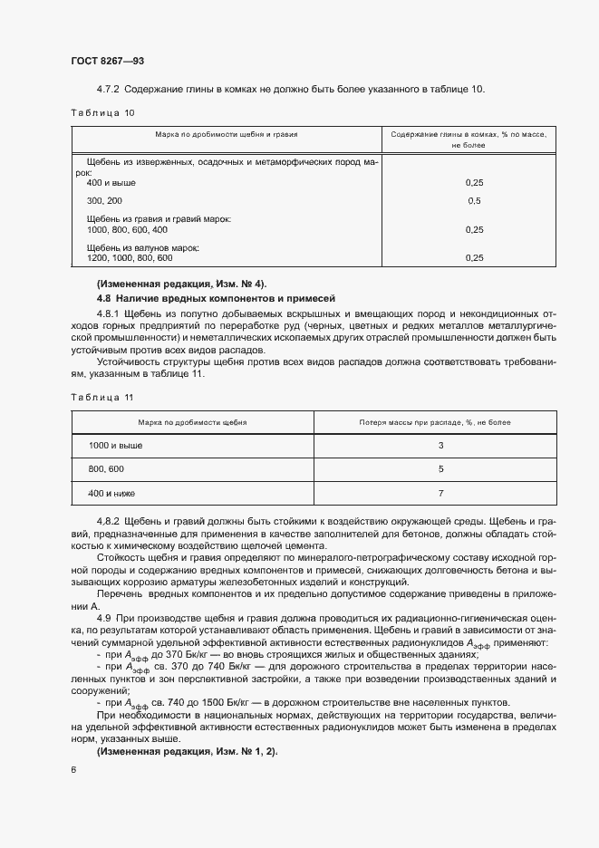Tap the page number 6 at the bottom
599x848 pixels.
pos(72,769)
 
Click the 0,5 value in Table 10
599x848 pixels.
pos(473,200)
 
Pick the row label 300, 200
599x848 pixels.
pos(104,200)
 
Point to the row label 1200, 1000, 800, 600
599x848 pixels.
pos(129,258)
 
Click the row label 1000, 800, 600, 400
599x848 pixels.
pos(128,229)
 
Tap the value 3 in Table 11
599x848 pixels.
pos(440,446)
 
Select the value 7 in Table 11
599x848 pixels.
pos(440,494)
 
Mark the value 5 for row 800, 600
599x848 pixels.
pos(440,470)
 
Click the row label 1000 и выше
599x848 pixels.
pos(115,446)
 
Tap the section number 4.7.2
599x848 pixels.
pos(109,89)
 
